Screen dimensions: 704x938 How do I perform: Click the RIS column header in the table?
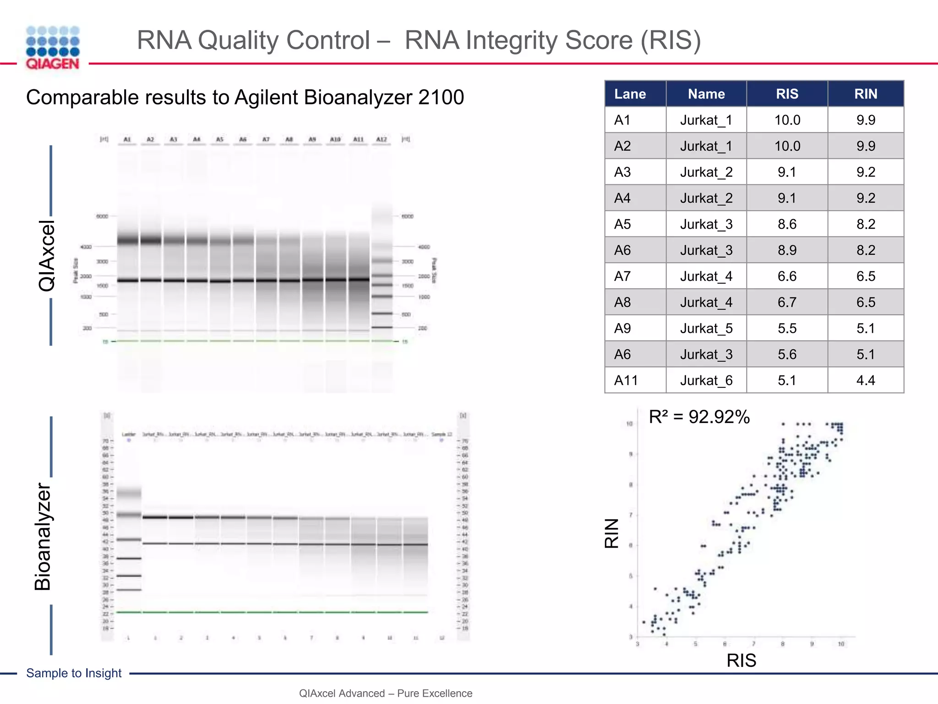coord(787,94)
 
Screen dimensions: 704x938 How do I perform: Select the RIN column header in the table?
coord(866,94)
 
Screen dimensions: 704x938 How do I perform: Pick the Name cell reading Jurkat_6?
coord(706,380)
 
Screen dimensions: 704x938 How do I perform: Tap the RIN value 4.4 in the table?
coord(866,380)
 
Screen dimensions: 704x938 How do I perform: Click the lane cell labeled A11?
coord(626,380)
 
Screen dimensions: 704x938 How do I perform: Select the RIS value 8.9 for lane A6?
coord(787,250)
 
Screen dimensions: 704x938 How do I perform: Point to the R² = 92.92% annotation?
coord(699,417)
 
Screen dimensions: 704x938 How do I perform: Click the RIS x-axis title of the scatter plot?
coord(741,660)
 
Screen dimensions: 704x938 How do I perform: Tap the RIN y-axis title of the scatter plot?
coord(612,533)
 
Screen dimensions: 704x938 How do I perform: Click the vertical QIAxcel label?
coord(47,256)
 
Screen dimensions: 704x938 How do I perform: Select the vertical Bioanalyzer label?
coord(44,537)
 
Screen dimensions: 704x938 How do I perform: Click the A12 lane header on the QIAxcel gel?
coord(382,139)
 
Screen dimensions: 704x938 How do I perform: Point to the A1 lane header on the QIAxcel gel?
coord(127,139)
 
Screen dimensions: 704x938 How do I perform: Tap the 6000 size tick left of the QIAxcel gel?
coord(102,216)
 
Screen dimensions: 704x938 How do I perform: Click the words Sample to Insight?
coord(74,673)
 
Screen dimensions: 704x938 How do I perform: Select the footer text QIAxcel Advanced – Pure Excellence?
coord(386,693)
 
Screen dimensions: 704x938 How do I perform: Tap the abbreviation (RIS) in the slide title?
coord(670,40)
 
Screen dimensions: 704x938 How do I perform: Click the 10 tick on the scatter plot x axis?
coord(841,644)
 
